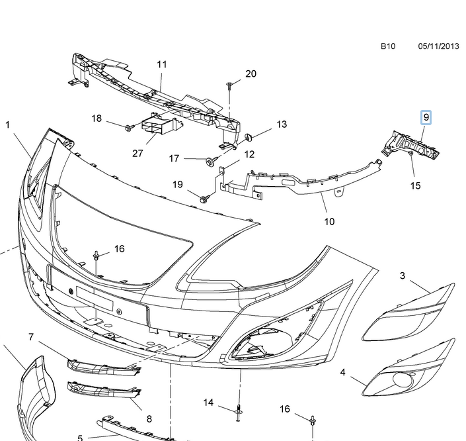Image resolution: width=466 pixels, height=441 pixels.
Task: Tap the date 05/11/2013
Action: [438, 47]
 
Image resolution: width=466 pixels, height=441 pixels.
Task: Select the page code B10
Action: [387, 47]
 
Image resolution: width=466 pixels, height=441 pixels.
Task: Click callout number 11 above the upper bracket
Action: [162, 65]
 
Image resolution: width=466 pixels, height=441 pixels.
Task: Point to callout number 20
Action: [251, 73]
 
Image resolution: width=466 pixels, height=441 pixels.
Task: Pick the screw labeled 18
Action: [129, 125]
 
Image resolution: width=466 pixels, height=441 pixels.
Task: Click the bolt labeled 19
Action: [202, 197]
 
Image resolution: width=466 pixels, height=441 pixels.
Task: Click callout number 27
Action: [137, 153]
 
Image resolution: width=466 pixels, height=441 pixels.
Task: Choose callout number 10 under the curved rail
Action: [329, 221]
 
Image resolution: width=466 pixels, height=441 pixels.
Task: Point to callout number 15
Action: [415, 186]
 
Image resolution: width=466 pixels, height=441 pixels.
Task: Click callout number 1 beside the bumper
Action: [8, 124]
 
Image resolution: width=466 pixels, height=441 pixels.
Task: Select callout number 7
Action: [30, 337]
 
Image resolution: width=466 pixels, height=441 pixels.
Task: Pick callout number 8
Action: [149, 418]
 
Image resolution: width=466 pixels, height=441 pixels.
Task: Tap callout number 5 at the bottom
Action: [79, 438]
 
